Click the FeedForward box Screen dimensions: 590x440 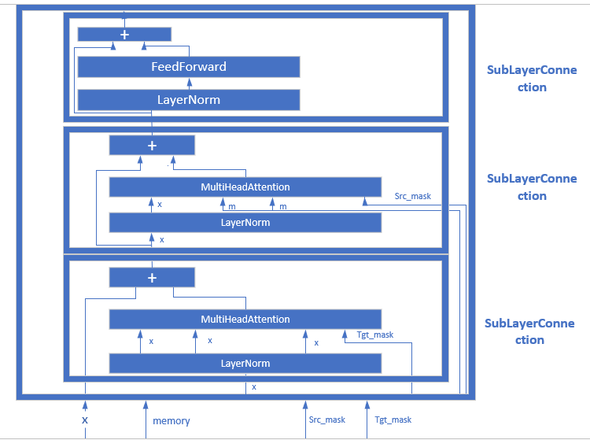point(188,67)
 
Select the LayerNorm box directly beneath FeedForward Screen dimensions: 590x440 point(188,100)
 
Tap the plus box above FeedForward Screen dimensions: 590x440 point(124,35)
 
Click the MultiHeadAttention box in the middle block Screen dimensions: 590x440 point(245,187)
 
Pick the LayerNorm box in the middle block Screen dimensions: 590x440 point(245,223)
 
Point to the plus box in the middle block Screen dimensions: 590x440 point(152,146)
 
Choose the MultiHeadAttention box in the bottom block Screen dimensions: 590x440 point(245,320)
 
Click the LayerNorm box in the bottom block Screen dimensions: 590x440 point(245,364)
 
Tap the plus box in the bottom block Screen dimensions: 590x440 point(152,278)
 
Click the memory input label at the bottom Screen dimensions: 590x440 point(171,421)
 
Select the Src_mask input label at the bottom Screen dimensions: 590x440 point(327,420)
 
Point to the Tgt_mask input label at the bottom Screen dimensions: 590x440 point(393,420)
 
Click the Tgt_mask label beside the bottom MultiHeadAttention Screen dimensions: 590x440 point(375,335)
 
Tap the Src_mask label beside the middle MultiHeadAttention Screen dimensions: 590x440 point(413,196)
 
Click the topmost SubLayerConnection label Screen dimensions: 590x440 point(532,79)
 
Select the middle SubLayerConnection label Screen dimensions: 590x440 point(532,187)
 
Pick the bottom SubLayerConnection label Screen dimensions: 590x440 point(529,331)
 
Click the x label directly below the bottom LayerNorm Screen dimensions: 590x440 point(253,387)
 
